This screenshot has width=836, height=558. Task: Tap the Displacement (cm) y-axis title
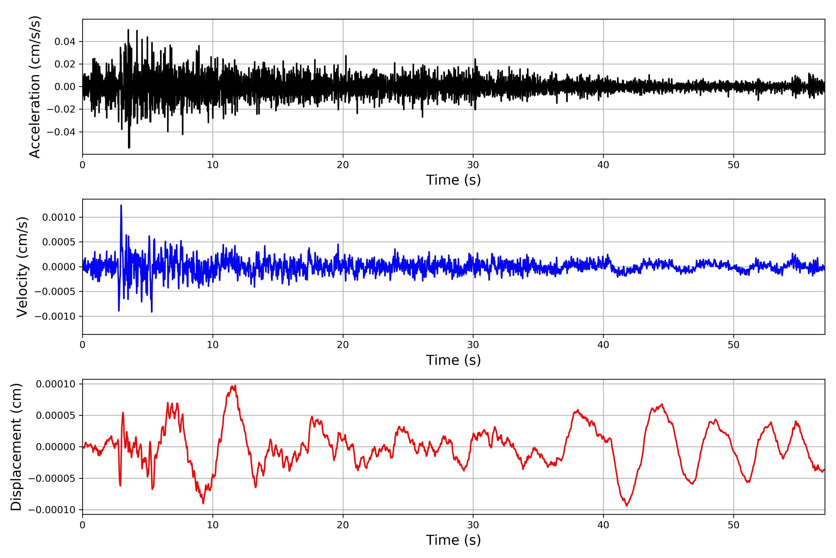16,447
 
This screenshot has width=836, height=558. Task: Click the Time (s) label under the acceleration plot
453,180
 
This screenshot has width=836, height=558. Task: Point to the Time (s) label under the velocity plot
453,360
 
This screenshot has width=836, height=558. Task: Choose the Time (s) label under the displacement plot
453,540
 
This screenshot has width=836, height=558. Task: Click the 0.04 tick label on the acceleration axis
65,42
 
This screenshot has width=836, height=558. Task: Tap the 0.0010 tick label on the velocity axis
59,217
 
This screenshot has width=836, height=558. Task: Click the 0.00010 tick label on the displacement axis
56,384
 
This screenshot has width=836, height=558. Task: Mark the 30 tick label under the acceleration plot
473,165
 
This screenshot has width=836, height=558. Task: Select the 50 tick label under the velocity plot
733,345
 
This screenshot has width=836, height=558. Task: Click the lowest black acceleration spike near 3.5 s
129,147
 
